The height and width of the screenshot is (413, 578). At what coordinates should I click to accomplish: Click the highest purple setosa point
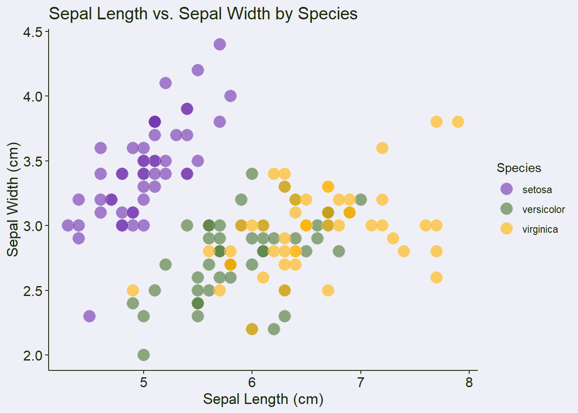tap(220, 44)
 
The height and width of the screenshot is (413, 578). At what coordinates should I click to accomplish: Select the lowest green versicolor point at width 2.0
tap(144, 355)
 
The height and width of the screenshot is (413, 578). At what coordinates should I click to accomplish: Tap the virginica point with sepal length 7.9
tap(458, 122)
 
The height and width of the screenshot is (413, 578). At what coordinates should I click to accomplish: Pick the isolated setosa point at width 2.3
tap(89, 316)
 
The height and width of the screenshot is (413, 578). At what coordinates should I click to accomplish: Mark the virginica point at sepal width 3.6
tap(382, 148)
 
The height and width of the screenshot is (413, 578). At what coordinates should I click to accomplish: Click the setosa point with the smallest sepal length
tap(68, 225)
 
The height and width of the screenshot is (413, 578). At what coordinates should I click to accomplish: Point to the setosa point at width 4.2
tap(198, 70)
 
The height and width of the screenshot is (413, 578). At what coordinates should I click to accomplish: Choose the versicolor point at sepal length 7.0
tap(360, 200)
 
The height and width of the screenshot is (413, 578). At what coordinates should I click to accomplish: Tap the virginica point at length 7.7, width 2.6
tap(436, 277)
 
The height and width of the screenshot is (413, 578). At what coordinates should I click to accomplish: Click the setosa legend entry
tap(537, 190)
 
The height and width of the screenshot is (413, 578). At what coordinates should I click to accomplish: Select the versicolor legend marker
tap(507, 209)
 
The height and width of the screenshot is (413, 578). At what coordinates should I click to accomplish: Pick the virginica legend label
tap(540, 229)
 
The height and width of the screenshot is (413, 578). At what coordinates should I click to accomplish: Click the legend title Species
tap(519, 168)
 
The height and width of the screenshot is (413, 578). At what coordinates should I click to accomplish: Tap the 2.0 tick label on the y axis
tap(33, 355)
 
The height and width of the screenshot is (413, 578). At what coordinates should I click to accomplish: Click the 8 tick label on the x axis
tap(469, 382)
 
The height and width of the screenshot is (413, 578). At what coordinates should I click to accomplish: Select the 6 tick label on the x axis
tap(252, 382)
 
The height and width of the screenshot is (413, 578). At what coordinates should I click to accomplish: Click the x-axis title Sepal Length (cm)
tap(263, 399)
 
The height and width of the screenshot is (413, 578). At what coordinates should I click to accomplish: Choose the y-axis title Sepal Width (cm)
tap(13, 199)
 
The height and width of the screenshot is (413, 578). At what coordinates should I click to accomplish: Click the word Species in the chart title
tap(328, 14)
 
